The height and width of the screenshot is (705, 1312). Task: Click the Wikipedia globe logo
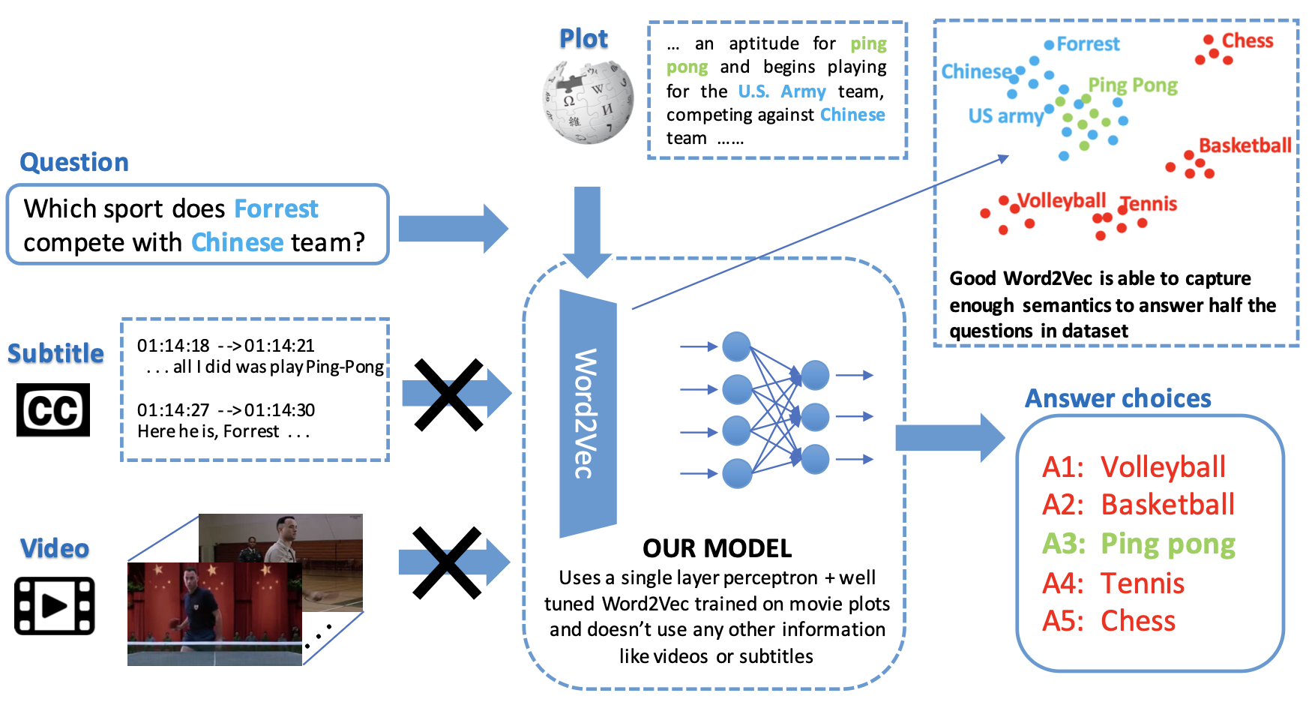click(x=588, y=102)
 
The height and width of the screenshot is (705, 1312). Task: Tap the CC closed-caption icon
click(x=53, y=410)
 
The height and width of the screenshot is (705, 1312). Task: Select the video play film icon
click(x=54, y=605)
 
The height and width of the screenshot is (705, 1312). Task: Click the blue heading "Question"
click(x=74, y=163)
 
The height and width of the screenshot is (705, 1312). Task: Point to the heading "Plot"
click(x=583, y=39)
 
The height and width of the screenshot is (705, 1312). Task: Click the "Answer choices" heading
click(x=1118, y=398)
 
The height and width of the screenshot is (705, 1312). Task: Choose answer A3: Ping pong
click(x=1138, y=544)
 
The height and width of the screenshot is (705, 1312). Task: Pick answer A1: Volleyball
click(x=1134, y=467)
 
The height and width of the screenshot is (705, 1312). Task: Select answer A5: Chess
click(x=1109, y=621)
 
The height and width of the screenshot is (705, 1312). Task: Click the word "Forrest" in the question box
click(x=276, y=208)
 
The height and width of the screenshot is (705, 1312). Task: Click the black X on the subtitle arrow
click(x=448, y=395)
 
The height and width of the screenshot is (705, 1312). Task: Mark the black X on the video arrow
click(x=447, y=563)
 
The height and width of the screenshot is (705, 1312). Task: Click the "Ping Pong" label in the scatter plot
click(x=1132, y=85)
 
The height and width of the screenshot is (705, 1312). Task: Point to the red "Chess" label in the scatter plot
click(x=1248, y=40)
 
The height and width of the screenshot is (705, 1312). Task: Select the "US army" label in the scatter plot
click(x=1005, y=116)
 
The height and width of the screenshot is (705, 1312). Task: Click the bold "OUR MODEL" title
click(x=717, y=548)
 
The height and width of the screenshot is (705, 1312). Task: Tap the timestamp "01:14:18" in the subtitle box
click(x=173, y=346)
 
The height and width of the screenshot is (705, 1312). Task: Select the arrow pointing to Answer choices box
click(x=949, y=437)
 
